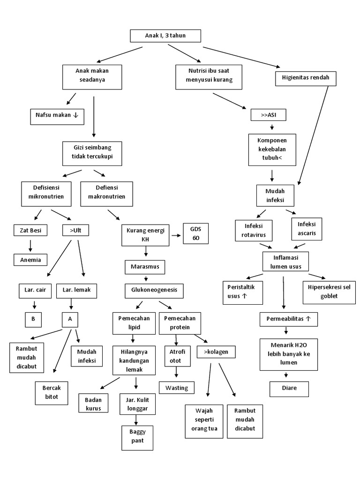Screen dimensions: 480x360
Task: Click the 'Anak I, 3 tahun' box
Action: point(165,36)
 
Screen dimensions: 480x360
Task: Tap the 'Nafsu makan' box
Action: point(57,115)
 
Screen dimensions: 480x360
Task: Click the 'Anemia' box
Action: point(30,259)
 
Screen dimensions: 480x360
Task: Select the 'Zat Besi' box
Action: point(30,230)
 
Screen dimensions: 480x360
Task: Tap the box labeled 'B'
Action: point(33,319)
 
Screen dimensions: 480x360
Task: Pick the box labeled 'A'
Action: point(70,319)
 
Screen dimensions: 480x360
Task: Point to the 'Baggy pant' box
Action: point(137,438)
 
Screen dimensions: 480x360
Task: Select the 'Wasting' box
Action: point(177,388)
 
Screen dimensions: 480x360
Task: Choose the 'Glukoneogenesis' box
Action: point(154,290)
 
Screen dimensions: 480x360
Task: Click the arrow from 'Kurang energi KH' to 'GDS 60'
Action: point(176,235)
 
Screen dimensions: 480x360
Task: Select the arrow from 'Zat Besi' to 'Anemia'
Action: point(30,245)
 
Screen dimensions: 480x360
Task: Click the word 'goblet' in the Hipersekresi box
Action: point(330,296)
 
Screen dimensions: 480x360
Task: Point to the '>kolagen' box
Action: point(216,351)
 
